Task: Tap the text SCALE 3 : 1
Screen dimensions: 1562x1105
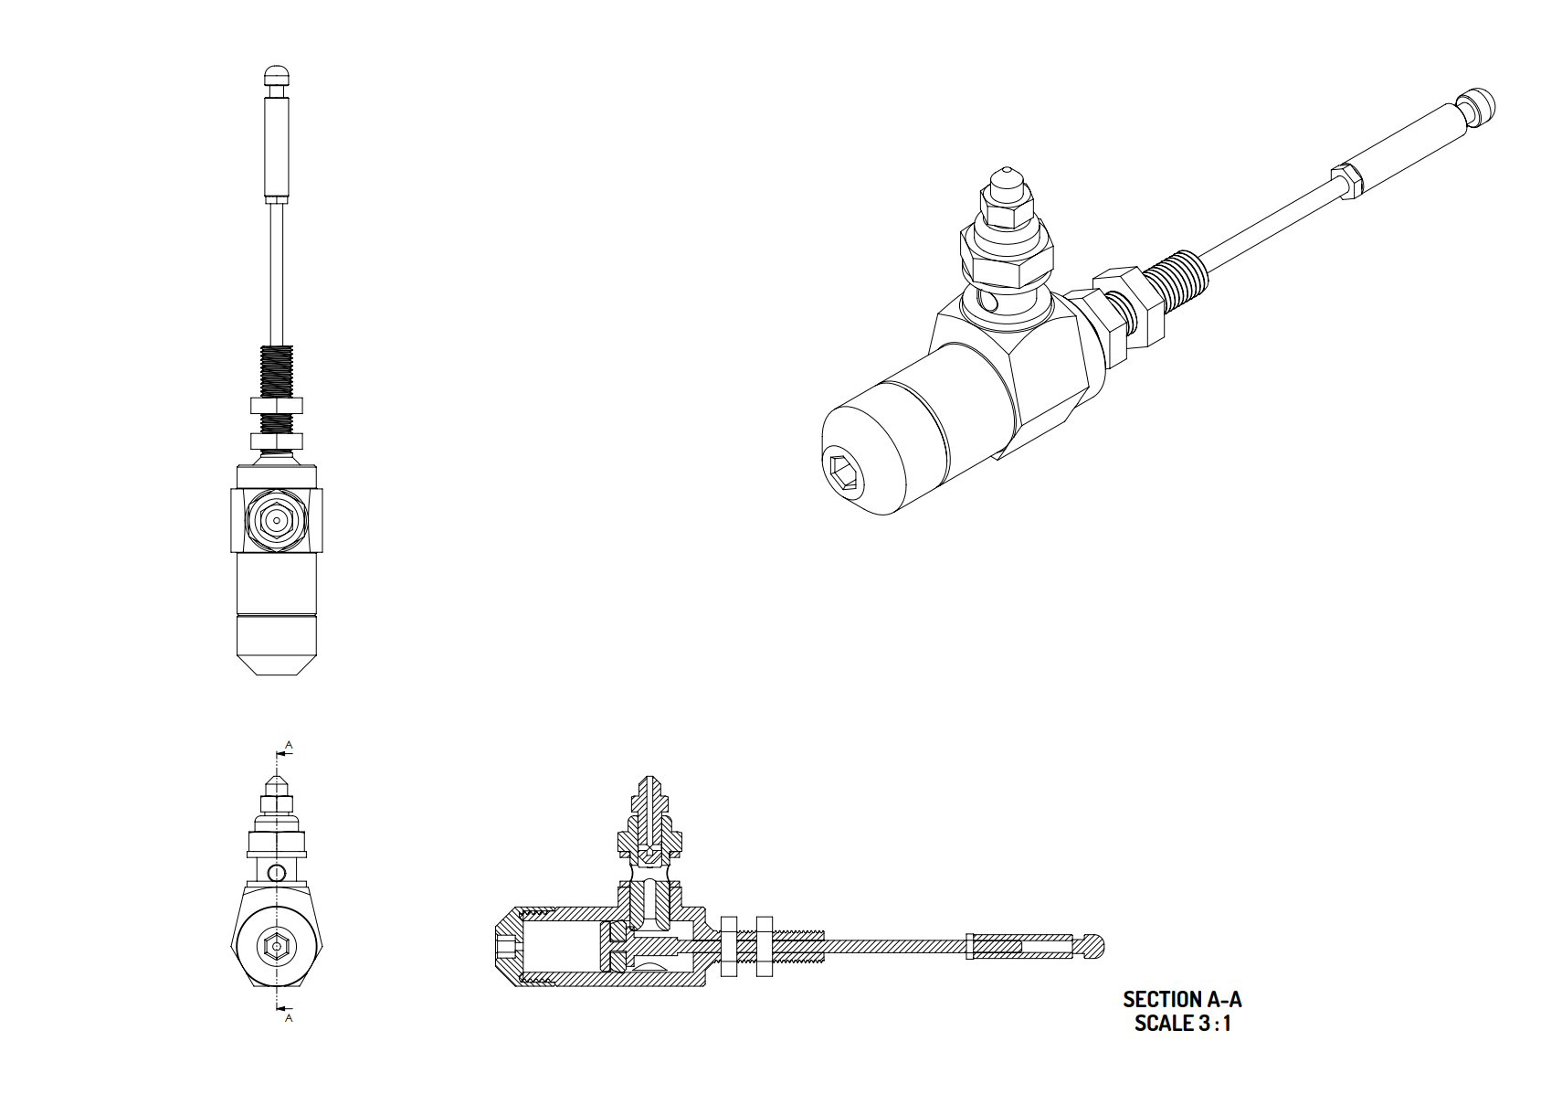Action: [1183, 1024]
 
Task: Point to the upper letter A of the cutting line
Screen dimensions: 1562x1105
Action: [289, 745]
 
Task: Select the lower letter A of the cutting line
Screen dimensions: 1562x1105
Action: [289, 1018]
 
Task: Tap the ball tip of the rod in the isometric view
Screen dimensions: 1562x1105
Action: [1478, 108]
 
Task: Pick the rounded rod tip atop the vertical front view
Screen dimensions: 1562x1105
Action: [277, 75]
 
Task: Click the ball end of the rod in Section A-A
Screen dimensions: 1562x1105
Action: [1093, 947]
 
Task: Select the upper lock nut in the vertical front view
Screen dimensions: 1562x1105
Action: [277, 406]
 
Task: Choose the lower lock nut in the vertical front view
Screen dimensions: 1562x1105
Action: [277, 441]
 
